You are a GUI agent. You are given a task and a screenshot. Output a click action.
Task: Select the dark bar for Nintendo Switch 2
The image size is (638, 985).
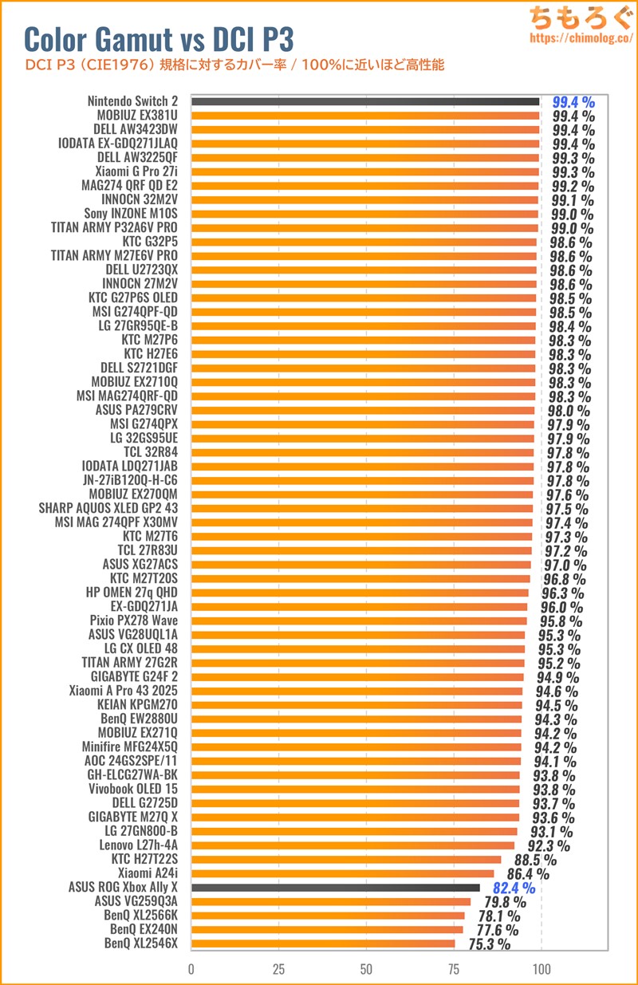point(365,102)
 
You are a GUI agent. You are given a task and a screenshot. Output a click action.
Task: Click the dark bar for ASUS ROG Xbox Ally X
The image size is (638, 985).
point(336,887)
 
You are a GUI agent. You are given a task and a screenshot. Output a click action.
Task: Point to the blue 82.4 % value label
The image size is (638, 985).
point(514,887)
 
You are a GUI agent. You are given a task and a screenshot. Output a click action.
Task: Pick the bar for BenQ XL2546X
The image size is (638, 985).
point(323,944)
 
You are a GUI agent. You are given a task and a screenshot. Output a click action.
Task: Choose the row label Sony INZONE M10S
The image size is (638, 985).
point(131,214)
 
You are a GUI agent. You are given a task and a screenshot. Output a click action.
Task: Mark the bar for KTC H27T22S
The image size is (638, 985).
point(346,859)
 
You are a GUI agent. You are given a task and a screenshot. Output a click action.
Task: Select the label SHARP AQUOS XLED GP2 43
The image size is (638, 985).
point(108,508)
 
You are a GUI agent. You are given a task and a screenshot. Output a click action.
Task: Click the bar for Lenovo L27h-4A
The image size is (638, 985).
point(352,845)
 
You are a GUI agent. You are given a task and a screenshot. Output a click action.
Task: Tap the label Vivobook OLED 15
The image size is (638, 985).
point(133,789)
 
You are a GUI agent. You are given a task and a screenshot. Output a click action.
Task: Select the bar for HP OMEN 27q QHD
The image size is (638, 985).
point(360,593)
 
